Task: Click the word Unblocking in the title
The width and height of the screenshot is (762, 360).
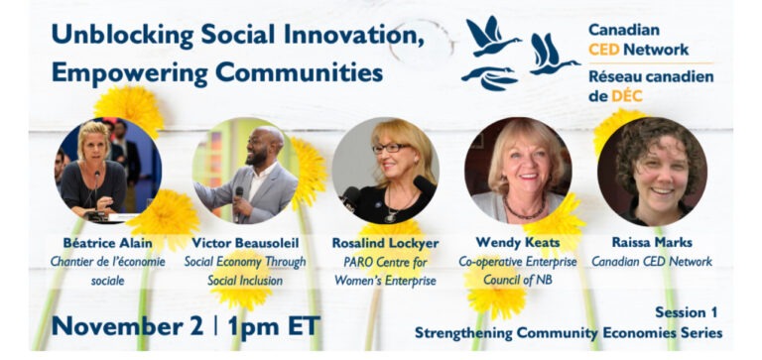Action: (x=122, y=35)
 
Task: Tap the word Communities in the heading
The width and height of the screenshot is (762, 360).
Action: (x=299, y=72)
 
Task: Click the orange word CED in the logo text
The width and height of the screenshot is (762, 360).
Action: (x=603, y=49)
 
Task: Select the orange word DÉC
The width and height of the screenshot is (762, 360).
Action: (x=626, y=96)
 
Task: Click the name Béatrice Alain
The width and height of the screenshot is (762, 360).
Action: (x=107, y=242)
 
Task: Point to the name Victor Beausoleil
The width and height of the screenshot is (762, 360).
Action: (x=245, y=242)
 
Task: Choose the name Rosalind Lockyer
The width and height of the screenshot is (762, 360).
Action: (x=385, y=242)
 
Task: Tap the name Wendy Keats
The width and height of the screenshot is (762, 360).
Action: (x=518, y=242)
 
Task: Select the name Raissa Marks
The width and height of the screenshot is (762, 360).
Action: (x=652, y=242)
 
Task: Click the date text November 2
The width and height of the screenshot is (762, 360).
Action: (x=127, y=325)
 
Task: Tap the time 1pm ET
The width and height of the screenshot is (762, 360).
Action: (x=274, y=325)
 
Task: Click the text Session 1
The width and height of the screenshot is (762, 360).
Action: (x=686, y=312)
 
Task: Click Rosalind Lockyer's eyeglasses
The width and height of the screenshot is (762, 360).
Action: (x=391, y=148)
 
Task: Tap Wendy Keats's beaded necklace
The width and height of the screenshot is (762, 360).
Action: (x=524, y=210)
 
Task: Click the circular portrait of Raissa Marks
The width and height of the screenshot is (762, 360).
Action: (x=652, y=172)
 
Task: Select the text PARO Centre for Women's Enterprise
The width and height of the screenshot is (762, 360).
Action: (x=385, y=271)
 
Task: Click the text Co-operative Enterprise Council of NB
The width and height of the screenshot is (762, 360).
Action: (x=518, y=271)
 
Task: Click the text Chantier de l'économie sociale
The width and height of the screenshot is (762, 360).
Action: (x=107, y=271)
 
